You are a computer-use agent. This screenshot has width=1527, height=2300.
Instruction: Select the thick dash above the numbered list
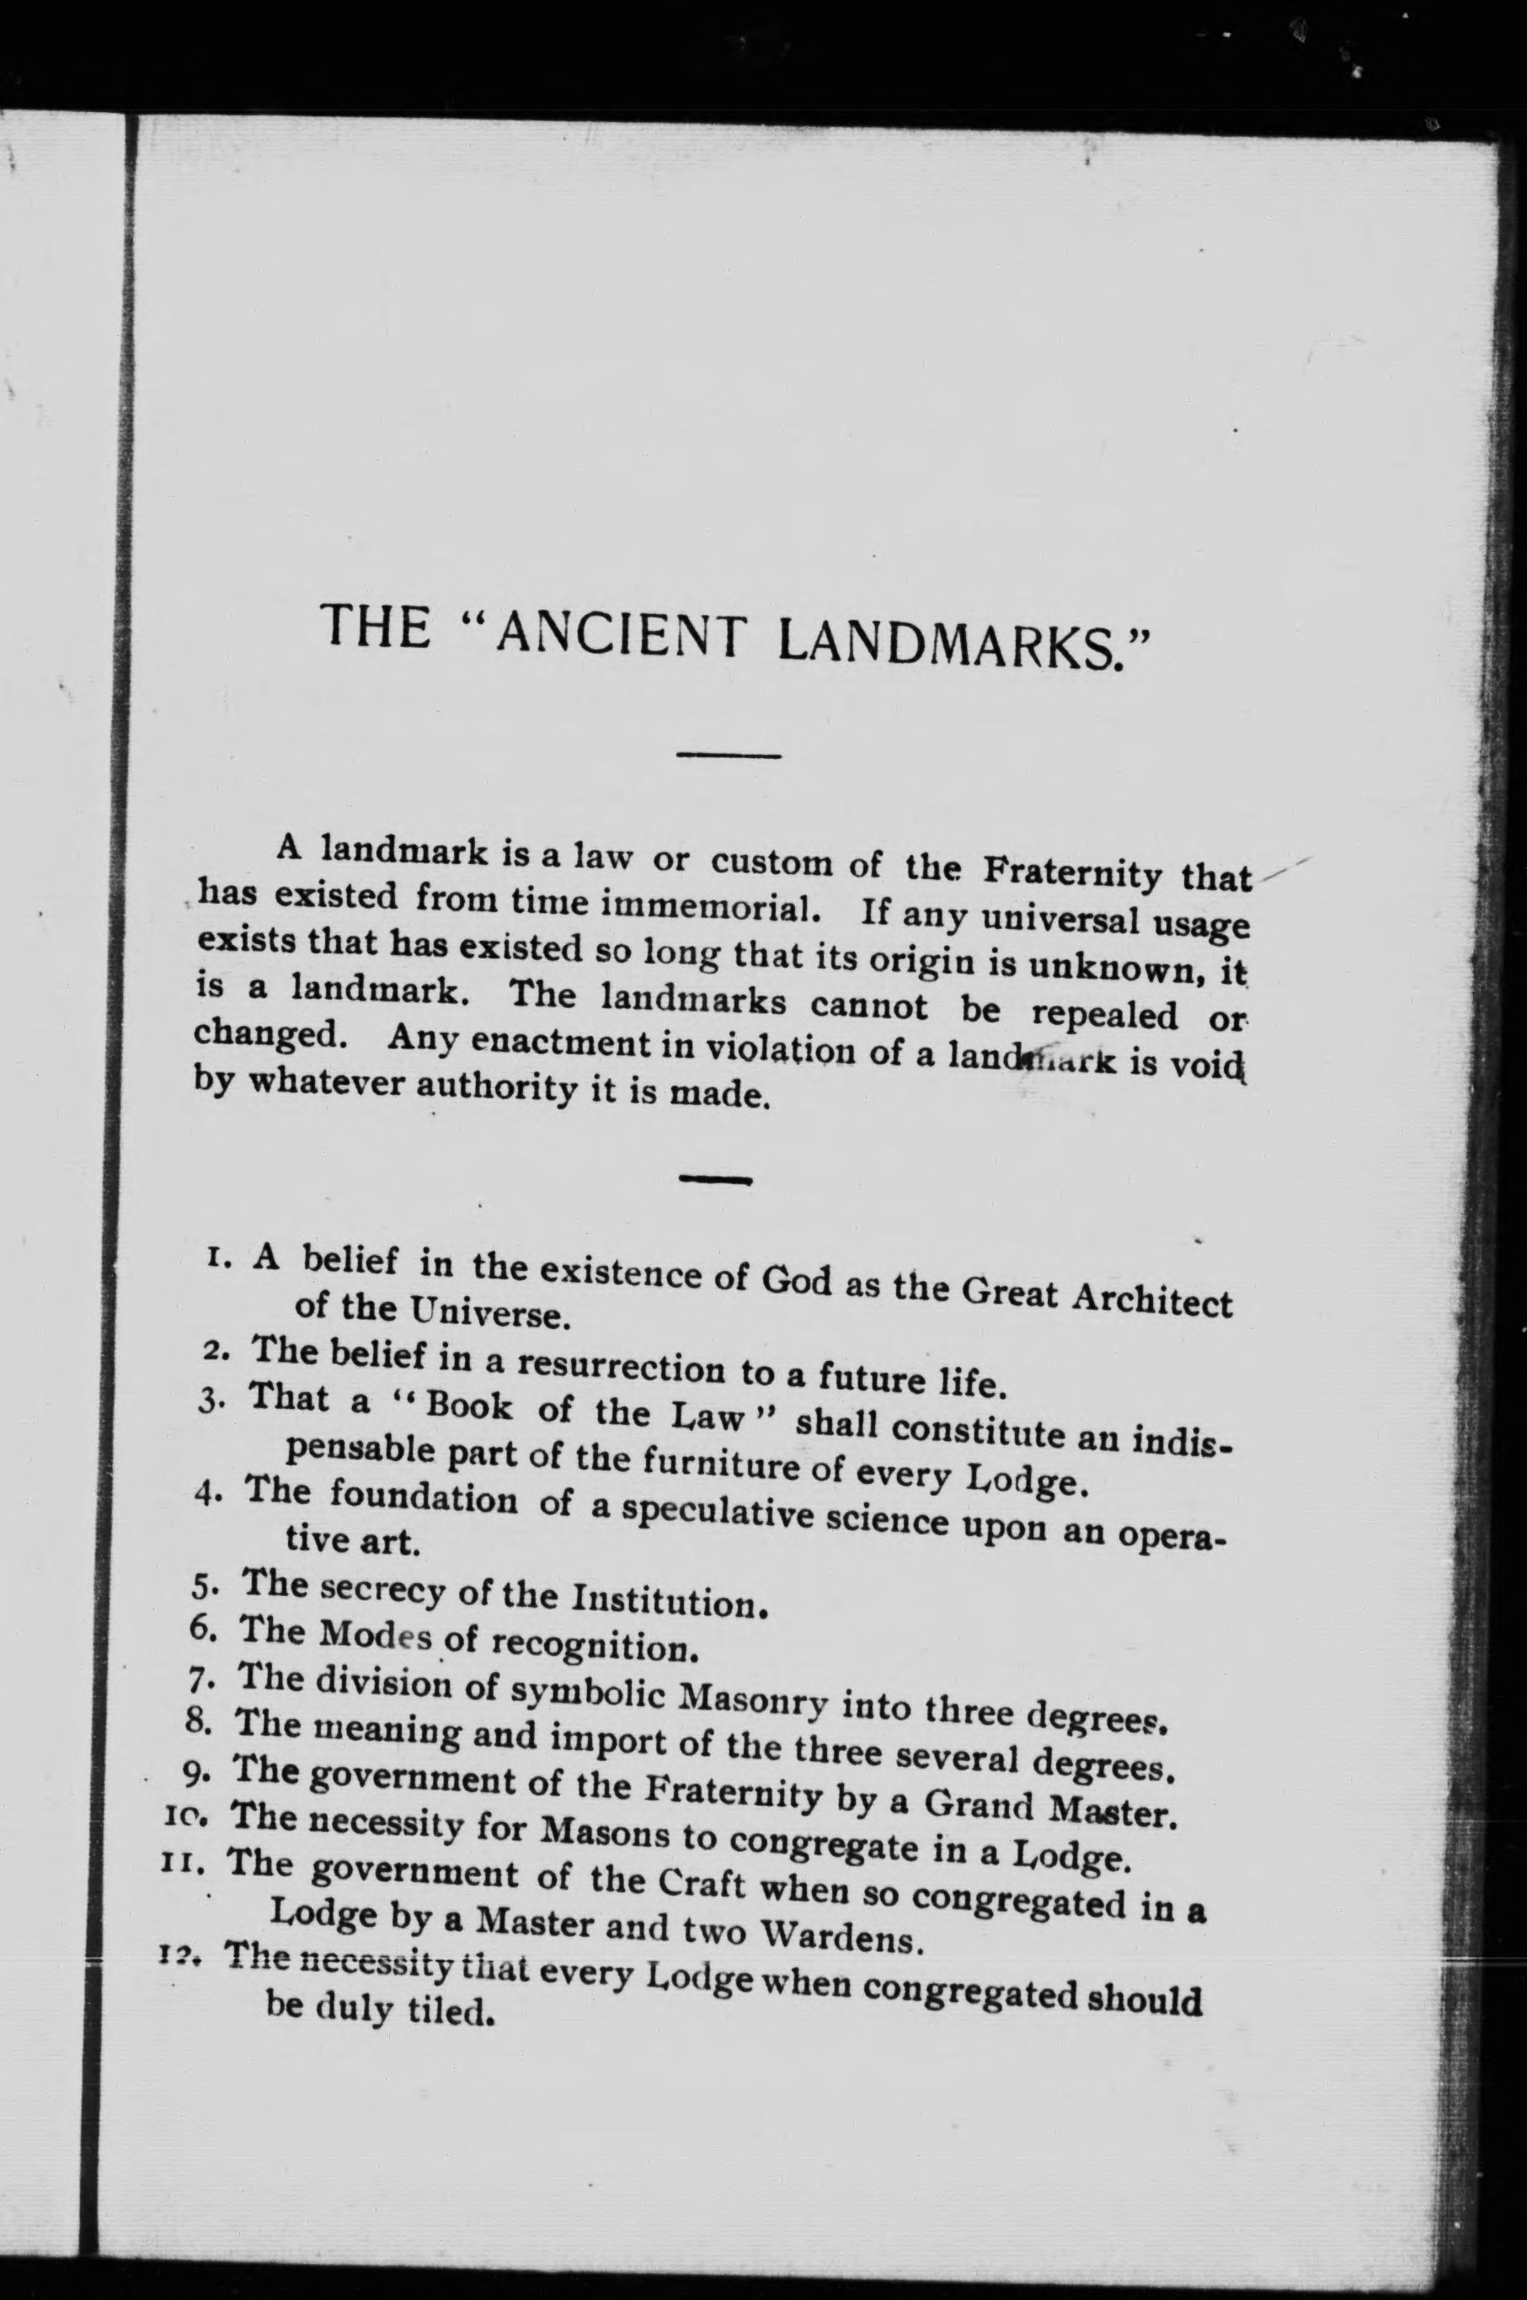(x=716, y=1180)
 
